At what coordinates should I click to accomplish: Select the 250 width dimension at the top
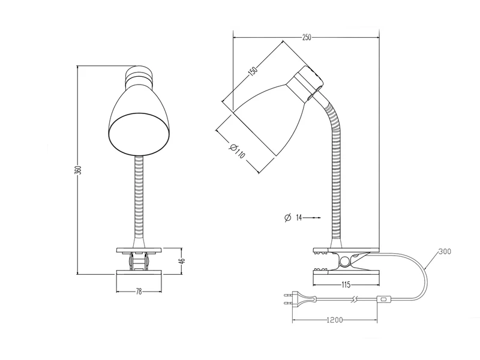point(307,37)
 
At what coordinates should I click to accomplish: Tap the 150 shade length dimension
point(253,71)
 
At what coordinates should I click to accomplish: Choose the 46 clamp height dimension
point(181,261)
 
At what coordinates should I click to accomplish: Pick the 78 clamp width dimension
point(139,292)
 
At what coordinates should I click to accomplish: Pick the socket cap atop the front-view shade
point(139,75)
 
